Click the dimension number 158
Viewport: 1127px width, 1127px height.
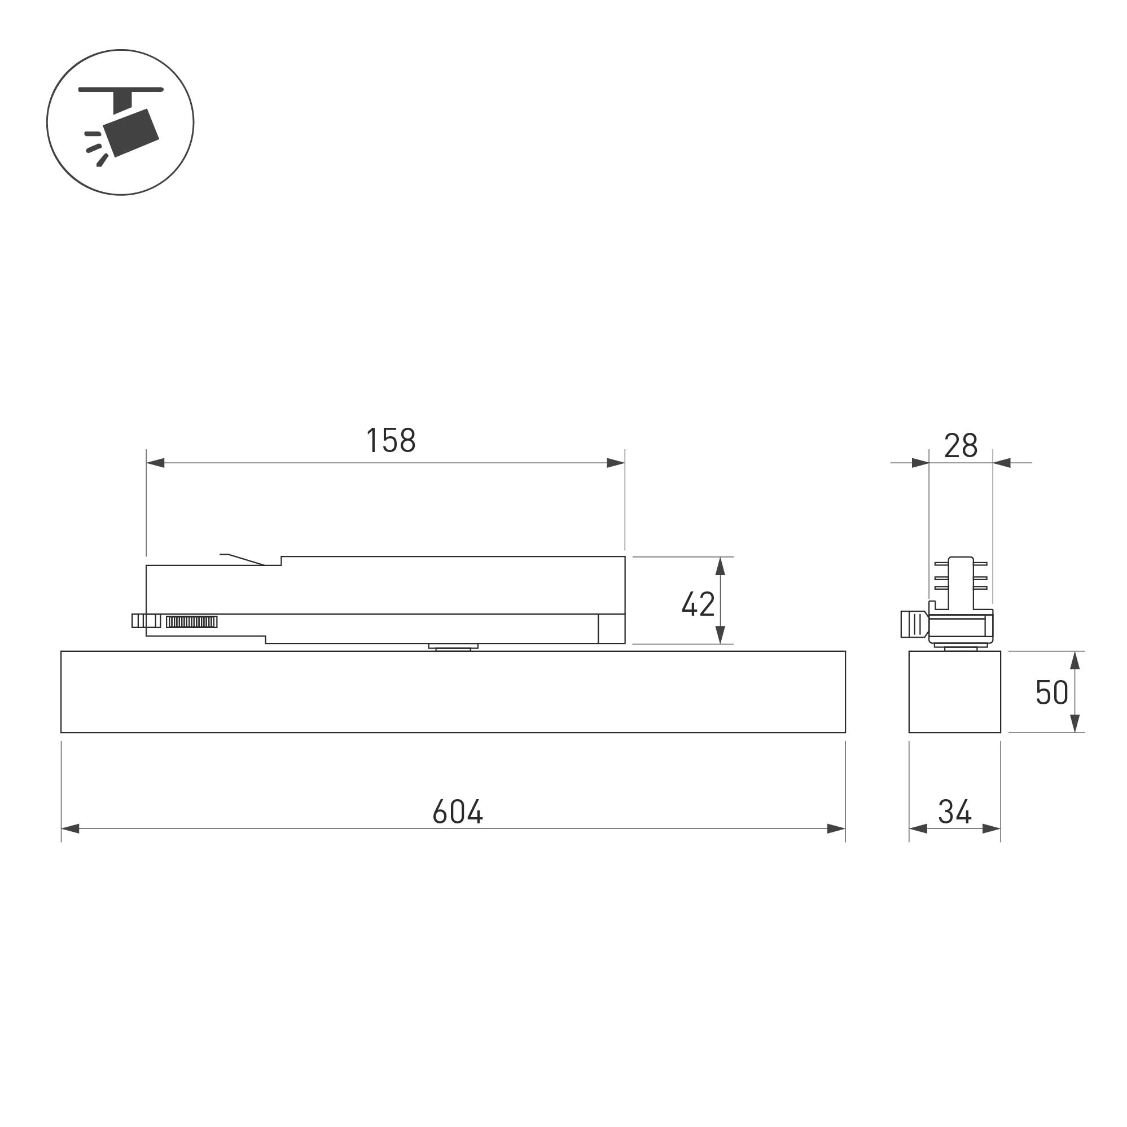(391, 440)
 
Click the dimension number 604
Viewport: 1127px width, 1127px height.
(457, 812)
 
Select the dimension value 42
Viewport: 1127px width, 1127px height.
(698, 604)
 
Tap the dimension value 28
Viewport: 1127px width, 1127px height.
(960, 446)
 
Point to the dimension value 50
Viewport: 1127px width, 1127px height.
(1051, 693)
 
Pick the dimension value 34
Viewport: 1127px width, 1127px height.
(954, 812)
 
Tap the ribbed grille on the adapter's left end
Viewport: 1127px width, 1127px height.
(191, 622)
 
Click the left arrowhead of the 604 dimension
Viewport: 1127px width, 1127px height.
(71, 828)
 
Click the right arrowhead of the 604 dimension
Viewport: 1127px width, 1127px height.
(836, 828)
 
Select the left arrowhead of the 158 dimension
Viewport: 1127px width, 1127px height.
(155, 463)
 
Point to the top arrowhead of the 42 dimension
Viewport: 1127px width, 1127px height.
(720, 567)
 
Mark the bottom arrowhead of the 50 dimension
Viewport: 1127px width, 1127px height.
(1075, 723)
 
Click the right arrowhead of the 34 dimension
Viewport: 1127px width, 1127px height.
(991, 828)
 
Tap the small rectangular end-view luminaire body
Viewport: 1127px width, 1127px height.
(954, 692)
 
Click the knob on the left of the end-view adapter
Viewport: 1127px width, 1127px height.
(914, 624)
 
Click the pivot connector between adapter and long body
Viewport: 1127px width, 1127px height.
(453, 646)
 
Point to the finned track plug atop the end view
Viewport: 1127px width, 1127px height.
(960, 580)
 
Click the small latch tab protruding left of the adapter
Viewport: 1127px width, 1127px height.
(145, 621)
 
